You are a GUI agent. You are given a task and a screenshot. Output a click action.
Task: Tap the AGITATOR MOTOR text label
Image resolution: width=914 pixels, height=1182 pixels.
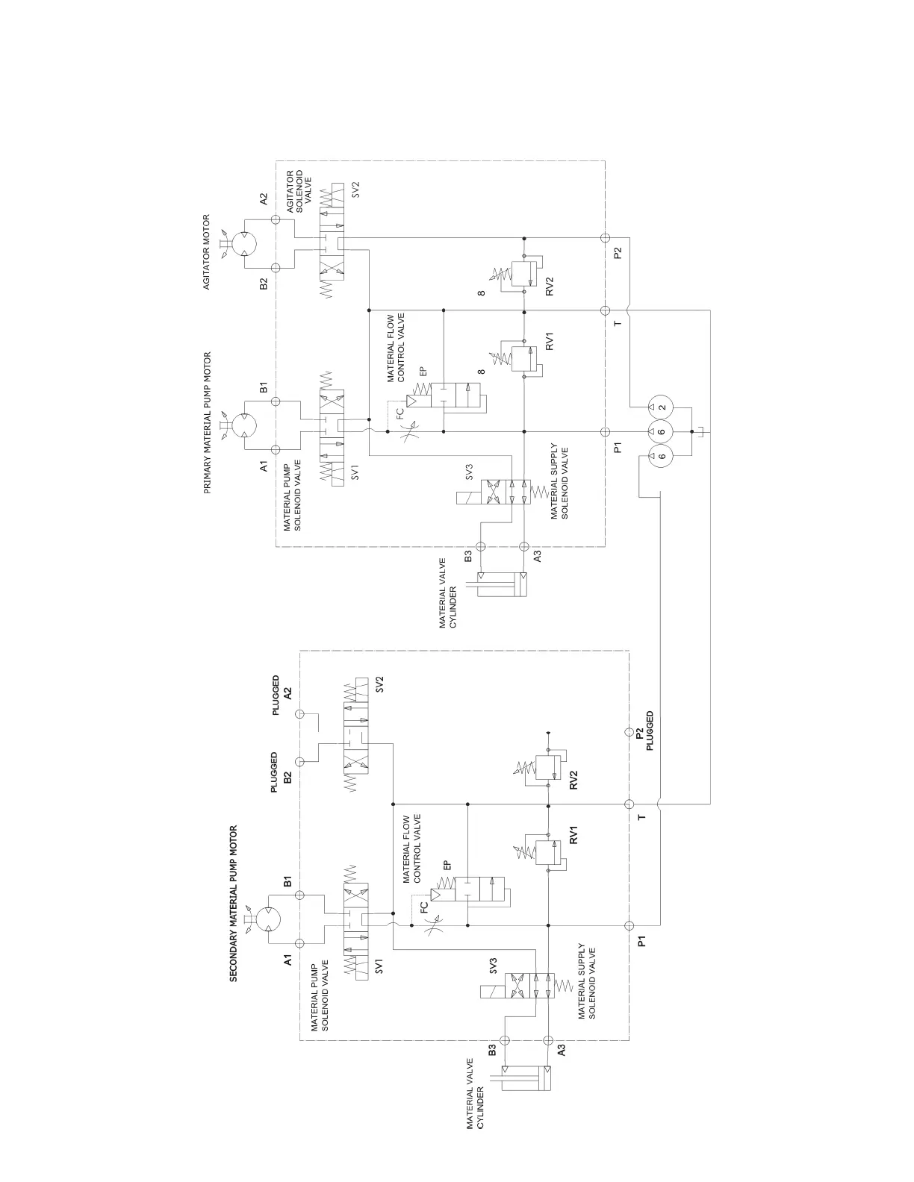click(207, 252)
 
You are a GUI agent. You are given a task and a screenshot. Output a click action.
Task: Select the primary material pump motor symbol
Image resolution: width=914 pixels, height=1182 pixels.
click(244, 425)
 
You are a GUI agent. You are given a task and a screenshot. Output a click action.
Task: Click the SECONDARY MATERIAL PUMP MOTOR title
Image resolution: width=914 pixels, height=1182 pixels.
click(233, 903)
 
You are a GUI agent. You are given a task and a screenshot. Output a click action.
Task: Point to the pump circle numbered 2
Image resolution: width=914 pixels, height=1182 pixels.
click(662, 407)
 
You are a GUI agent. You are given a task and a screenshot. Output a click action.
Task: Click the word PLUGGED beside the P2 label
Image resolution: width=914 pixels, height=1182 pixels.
click(650, 731)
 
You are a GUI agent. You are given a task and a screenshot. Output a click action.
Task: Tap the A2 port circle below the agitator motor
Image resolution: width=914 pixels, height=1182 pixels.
click(276, 220)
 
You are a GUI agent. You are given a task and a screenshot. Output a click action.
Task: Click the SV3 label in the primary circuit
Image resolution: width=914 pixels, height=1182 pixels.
click(469, 472)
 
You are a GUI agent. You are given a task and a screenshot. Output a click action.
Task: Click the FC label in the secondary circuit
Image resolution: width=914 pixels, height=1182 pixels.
click(424, 907)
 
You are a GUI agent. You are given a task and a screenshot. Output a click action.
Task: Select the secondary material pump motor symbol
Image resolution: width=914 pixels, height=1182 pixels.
click(267, 919)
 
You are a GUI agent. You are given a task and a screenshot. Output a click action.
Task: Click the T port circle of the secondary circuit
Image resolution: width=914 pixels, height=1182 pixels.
click(629, 804)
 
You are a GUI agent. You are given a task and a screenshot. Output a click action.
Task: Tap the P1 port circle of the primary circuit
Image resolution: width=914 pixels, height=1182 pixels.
click(605, 431)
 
